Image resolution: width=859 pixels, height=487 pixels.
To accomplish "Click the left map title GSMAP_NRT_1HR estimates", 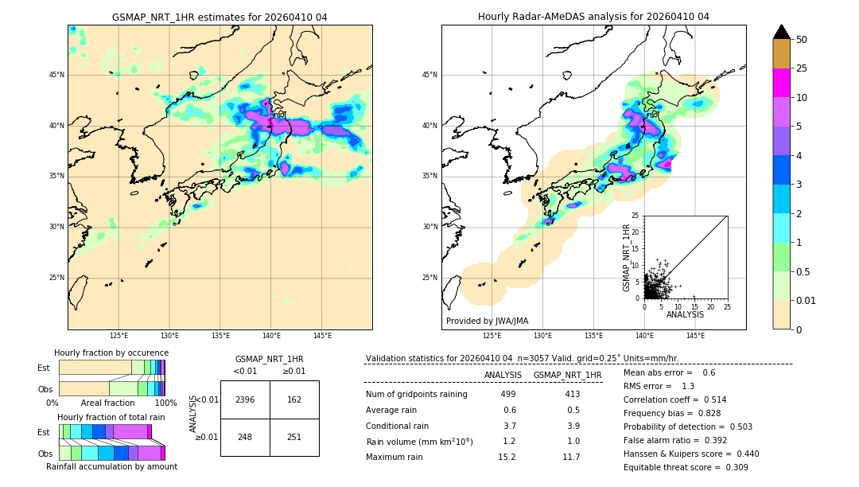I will click(x=220, y=17).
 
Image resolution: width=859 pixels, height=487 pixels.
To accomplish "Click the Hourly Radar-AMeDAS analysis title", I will click(x=593, y=17).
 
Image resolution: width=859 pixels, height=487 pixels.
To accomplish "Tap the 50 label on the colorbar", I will click(x=802, y=40).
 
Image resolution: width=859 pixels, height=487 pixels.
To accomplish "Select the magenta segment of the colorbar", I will click(x=781, y=83).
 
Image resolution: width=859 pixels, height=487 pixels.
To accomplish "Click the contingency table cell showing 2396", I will click(x=245, y=399).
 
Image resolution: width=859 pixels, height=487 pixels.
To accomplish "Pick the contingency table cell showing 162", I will click(x=294, y=399).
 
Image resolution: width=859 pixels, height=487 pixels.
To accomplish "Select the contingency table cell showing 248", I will click(x=245, y=437).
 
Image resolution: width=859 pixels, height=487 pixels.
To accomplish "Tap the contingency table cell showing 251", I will click(x=294, y=437).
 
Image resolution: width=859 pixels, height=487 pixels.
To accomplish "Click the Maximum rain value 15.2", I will click(x=507, y=457).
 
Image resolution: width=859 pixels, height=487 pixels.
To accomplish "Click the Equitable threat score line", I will click(x=686, y=467).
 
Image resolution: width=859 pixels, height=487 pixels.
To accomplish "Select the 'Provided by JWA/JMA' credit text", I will click(x=487, y=321).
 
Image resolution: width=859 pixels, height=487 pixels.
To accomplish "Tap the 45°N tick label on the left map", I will click(x=56, y=75).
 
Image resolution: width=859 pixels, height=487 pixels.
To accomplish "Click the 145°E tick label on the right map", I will click(x=695, y=336).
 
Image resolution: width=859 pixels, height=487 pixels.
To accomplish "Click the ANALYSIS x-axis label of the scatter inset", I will click(x=685, y=314).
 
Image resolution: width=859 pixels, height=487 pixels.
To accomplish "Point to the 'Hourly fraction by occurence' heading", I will click(x=111, y=353).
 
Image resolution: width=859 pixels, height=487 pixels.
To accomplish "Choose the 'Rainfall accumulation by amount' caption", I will click(x=111, y=466).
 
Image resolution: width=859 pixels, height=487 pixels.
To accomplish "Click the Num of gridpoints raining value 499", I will click(x=507, y=394).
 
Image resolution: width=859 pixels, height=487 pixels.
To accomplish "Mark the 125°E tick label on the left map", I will click(x=119, y=336).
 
